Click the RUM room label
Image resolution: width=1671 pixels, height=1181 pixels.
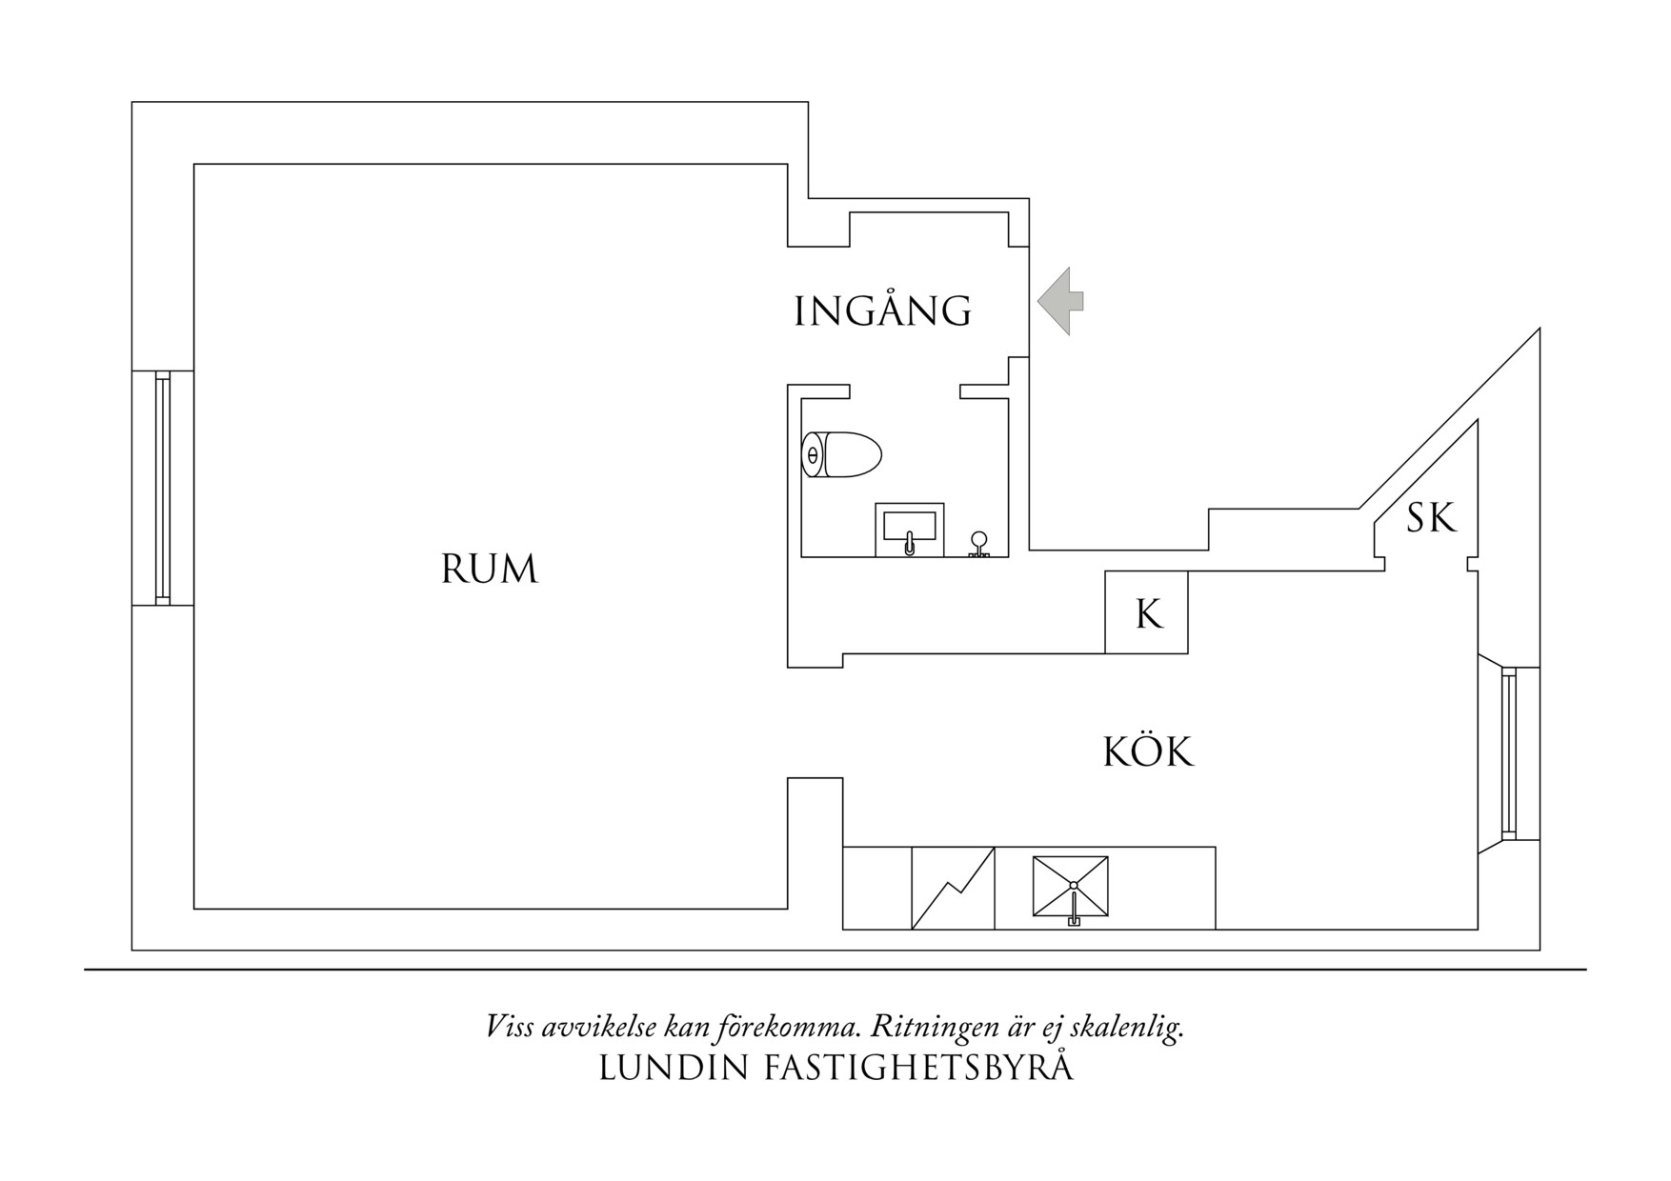(489, 570)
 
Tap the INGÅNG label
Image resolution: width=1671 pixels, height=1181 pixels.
(882, 311)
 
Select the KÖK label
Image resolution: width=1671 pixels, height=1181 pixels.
(1147, 752)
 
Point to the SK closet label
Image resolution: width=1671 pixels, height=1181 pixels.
(1431, 519)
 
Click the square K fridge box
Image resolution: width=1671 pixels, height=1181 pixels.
(1146, 612)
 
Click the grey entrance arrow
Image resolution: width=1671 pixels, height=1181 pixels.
(1060, 301)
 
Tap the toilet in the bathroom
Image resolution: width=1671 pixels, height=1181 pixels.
(842, 455)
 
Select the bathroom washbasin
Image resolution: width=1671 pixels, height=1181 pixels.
(909, 529)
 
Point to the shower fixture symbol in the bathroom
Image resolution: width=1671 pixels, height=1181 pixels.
(978, 544)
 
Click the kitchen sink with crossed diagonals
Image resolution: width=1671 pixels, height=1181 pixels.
(1071, 887)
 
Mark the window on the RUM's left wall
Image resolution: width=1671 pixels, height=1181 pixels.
(162, 487)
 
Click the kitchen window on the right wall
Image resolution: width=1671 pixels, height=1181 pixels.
(1508, 753)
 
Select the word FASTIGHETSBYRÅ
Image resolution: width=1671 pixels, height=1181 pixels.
(918, 1068)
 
